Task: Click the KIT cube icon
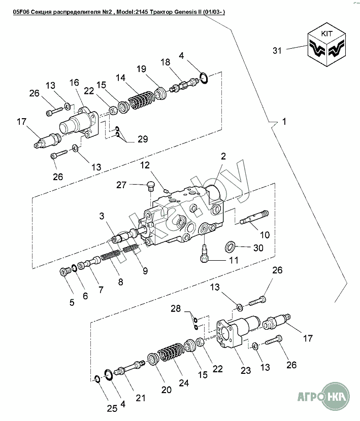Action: (x=326, y=45)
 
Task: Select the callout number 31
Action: (x=277, y=51)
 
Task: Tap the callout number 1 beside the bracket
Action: (x=284, y=122)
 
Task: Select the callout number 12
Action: (x=145, y=165)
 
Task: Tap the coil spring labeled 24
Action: (x=171, y=354)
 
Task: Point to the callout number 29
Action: (x=143, y=139)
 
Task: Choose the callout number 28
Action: (x=176, y=308)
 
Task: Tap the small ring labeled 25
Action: (x=97, y=379)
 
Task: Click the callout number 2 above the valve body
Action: (x=223, y=156)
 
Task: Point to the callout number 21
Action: (x=140, y=398)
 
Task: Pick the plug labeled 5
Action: (x=64, y=272)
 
